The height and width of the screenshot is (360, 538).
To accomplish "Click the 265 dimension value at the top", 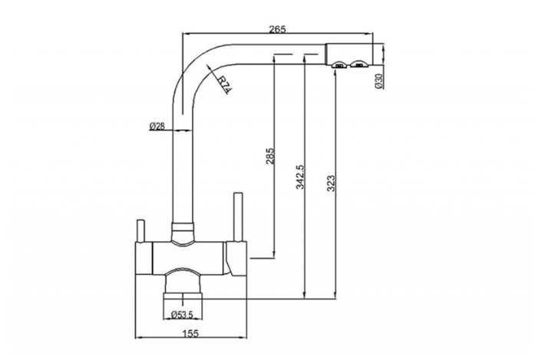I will click(278, 29).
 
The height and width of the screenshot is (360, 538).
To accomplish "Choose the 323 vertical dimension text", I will click(331, 183).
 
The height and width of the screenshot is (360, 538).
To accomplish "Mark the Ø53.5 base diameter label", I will click(181, 315).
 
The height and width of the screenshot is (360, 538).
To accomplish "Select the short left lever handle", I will click(142, 231).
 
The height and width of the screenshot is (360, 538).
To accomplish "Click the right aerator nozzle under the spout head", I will click(357, 67).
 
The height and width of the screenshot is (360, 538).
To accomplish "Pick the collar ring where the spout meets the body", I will click(182, 230).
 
